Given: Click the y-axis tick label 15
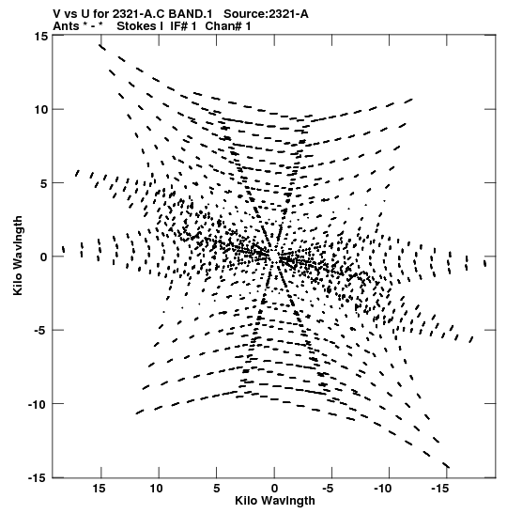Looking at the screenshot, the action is click(40, 36).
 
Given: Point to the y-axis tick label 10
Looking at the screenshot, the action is click(40, 110).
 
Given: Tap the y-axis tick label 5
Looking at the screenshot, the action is click(44, 183).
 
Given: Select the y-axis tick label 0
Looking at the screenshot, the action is click(44, 257).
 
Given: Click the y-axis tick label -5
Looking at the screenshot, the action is click(41, 331).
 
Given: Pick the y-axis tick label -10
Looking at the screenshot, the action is click(38, 404).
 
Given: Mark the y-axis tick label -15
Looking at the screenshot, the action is click(38, 478).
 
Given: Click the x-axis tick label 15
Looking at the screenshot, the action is click(99, 489).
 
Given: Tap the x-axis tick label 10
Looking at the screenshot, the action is click(157, 489).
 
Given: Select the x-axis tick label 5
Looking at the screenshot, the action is click(217, 489).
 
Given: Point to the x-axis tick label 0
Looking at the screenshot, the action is click(274, 489).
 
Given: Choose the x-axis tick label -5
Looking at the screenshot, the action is click(329, 489).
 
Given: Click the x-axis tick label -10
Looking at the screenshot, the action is click(383, 489).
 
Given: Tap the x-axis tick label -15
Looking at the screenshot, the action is click(440, 489).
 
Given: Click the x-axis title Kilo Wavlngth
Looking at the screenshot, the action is click(275, 501).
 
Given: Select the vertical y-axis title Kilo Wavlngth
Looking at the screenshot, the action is click(18, 256).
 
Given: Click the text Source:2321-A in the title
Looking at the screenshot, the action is click(266, 14).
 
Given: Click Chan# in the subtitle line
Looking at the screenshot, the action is click(223, 26).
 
